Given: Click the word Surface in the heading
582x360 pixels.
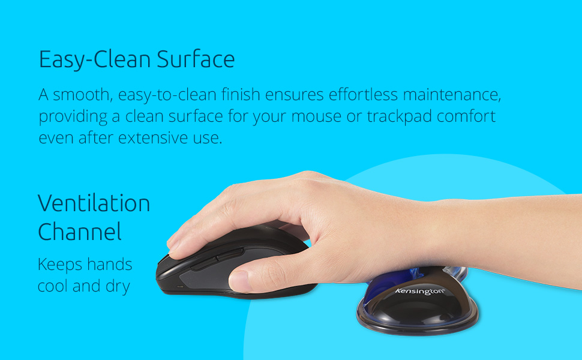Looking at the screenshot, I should pyautogui.click(x=196, y=60).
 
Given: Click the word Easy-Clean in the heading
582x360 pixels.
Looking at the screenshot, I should pyautogui.click(x=95, y=60).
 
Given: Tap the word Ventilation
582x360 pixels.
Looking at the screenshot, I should pyautogui.click(x=94, y=203).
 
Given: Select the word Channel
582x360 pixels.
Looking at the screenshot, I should pyautogui.click(x=80, y=232).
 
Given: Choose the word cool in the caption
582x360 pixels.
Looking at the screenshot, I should pyautogui.click(x=53, y=287).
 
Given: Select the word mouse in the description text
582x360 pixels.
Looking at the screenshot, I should pyautogui.click(x=316, y=116).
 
